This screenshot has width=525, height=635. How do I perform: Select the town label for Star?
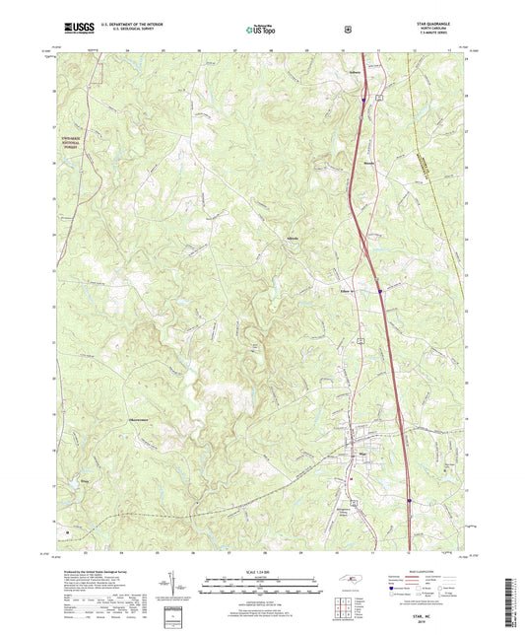point(361,456)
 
